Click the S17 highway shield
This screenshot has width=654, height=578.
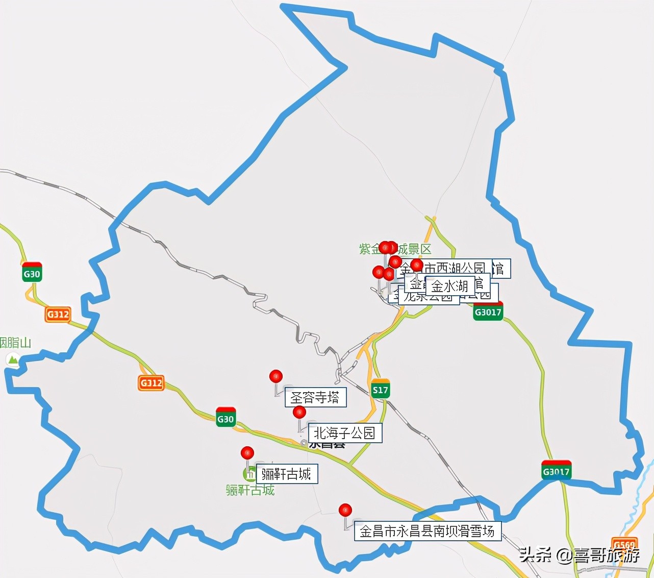coord(381,390)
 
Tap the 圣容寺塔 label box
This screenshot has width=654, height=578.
coord(315,397)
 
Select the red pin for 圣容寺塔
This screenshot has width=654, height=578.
coord(276,377)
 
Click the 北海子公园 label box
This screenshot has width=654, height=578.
coord(345,433)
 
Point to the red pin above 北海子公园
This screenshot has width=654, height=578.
coord(299,412)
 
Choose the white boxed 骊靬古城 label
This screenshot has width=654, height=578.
coord(287,474)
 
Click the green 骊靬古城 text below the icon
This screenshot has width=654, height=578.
coord(250,490)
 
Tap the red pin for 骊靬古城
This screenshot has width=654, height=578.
coord(247,453)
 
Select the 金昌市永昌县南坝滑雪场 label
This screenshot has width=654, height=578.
coord(427,531)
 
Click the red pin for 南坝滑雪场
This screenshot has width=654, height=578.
coord(345,510)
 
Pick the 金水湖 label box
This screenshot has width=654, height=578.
coord(449,285)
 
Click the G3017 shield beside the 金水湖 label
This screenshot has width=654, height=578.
coord(488,311)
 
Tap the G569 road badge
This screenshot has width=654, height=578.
coord(624,544)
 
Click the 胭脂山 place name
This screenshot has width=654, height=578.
coord(15,343)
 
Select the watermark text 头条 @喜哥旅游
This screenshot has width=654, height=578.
coord(580,555)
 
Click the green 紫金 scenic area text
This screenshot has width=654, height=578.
coord(369,249)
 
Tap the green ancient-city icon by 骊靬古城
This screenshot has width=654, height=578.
coord(250,474)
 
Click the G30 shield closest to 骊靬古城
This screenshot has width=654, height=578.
coord(225,418)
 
